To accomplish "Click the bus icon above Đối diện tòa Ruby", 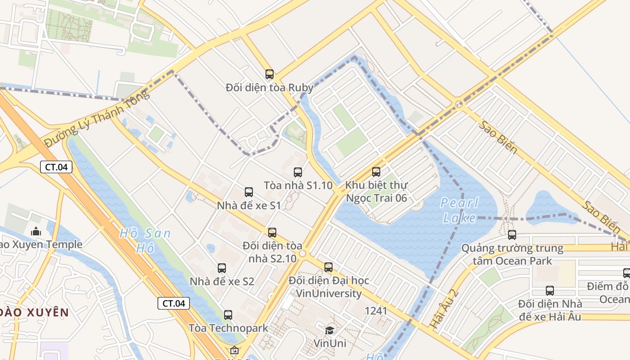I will [x=270, y=74].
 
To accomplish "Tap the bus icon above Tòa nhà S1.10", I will [x=298, y=172].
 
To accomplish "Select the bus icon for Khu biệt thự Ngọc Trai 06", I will [x=376, y=171].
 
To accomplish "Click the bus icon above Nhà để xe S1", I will [x=249, y=192].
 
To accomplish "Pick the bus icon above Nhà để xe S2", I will [x=222, y=268].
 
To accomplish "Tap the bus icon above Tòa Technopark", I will [x=228, y=315].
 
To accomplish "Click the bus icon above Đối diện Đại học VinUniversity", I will [x=328, y=267].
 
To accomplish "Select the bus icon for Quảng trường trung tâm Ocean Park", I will [x=512, y=234].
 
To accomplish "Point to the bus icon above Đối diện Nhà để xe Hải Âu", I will [x=550, y=291].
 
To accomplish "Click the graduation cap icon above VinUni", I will [x=330, y=330].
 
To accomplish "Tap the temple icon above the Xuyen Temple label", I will [x=36, y=232].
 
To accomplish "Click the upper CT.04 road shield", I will [x=57, y=167].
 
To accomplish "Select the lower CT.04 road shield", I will [x=174, y=303].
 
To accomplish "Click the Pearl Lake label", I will [x=459, y=210].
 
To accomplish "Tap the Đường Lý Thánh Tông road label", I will [x=96, y=118].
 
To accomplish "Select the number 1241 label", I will [x=376, y=310].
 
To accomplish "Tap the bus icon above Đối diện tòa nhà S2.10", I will [x=272, y=233].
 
